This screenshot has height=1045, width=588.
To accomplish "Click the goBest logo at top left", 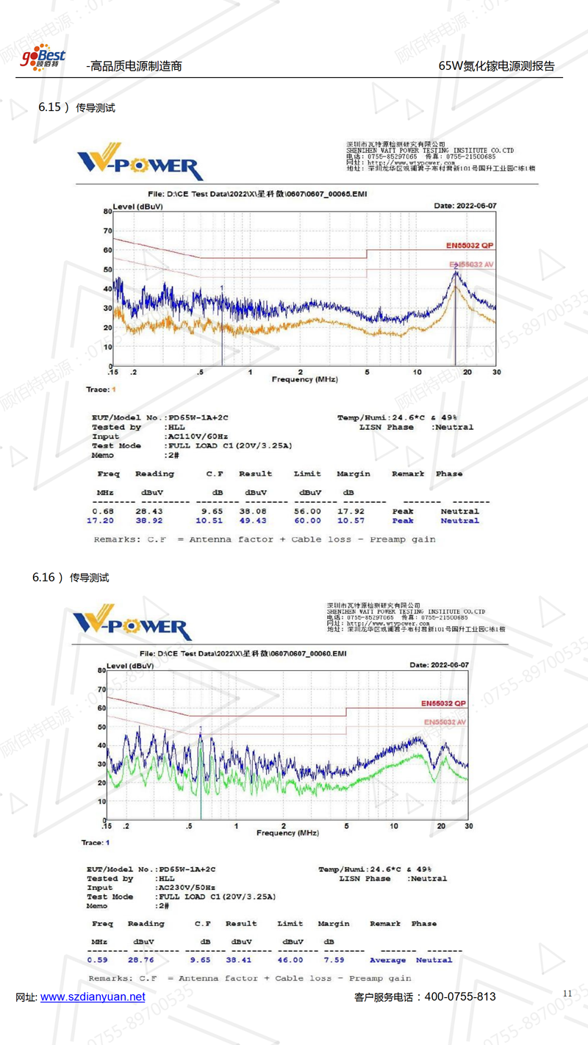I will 43,57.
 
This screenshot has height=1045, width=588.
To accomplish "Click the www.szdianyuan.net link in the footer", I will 93,997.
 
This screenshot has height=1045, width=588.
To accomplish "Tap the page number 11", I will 567,994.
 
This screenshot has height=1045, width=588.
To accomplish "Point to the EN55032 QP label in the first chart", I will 470,245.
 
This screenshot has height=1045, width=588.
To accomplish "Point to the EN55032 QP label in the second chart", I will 443,703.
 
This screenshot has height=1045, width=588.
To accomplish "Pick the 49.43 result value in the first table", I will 254,521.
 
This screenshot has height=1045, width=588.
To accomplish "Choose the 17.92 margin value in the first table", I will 349,511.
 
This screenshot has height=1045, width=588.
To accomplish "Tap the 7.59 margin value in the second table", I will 331,960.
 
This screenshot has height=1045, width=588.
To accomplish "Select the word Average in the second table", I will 387,960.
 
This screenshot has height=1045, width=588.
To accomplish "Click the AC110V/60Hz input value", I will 193,437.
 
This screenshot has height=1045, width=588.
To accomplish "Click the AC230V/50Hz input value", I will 186,888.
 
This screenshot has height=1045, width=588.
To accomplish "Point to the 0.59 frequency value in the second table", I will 97,960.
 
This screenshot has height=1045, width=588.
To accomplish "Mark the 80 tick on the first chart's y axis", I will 107,211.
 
